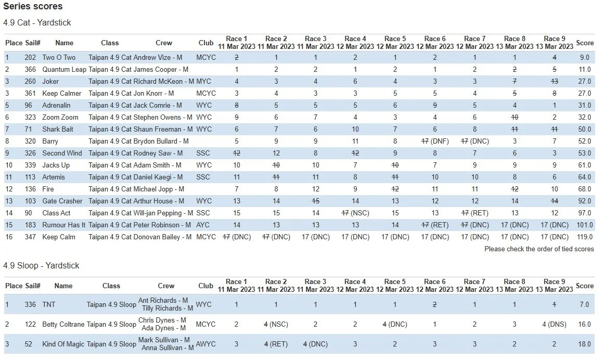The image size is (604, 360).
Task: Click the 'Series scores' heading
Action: pos(33,7)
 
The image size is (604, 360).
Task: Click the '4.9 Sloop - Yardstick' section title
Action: pos(41,265)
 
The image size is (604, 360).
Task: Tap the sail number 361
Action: pos(30,93)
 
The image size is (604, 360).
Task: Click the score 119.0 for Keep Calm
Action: pos(584,237)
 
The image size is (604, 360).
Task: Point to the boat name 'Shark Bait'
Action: pos(58,129)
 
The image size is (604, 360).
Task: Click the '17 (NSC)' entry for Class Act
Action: pos(355,213)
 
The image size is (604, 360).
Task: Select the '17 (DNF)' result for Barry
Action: pos(435,141)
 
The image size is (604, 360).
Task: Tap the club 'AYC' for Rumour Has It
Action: pos(203,225)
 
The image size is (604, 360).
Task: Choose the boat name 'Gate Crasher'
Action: pos(62,201)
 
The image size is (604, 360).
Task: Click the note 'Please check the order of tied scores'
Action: pos(539,249)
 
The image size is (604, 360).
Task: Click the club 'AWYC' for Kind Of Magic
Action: pos(206,344)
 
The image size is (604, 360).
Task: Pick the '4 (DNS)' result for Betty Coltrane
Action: pos(555,324)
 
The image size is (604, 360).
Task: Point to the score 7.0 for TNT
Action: pos(584,304)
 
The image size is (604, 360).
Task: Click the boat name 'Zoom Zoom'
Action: pos(60,117)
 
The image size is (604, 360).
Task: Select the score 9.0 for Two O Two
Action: pos(584,57)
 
